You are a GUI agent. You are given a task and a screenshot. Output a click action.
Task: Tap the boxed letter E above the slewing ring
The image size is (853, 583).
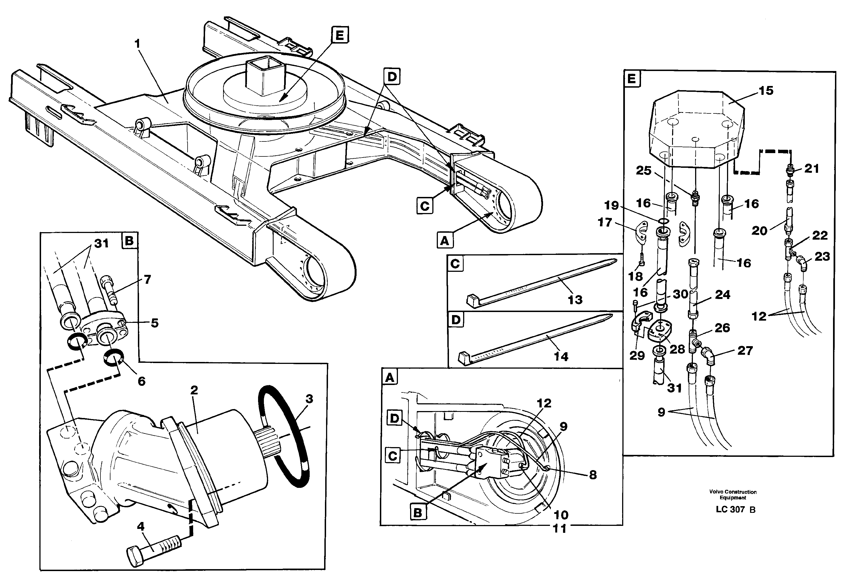pyautogui.click(x=340, y=35)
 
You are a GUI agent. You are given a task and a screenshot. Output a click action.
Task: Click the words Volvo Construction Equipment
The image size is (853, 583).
pyautogui.click(x=733, y=495)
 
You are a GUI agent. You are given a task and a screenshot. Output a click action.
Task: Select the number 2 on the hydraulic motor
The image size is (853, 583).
pyautogui.click(x=194, y=390)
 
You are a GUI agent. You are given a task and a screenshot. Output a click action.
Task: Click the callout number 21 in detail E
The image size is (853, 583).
pyautogui.click(x=812, y=169)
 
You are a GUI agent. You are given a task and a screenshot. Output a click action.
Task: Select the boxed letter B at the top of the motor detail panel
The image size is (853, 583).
pyautogui.click(x=129, y=241)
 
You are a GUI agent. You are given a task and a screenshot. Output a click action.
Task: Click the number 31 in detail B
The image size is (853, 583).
pyautogui.click(x=102, y=244)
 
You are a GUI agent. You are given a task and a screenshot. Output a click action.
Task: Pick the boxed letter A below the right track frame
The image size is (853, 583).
pyautogui.click(x=445, y=241)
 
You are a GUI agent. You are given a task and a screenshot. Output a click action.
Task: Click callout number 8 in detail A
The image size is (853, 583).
pyautogui.click(x=593, y=475)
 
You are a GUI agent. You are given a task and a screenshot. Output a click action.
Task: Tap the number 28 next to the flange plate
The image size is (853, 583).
pyautogui.click(x=677, y=349)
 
